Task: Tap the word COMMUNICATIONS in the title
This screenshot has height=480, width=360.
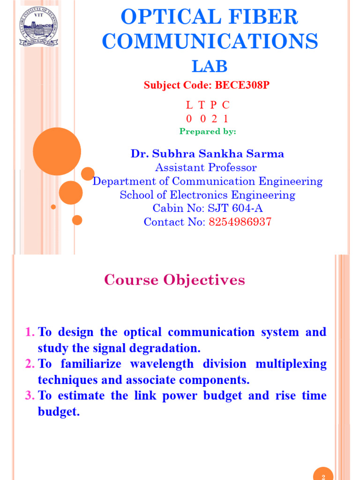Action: point(210,41)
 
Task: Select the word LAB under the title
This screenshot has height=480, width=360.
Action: point(210,66)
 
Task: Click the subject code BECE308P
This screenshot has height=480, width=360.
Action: point(242,85)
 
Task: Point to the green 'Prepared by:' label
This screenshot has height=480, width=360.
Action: point(208,131)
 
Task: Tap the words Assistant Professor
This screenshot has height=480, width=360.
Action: point(206,167)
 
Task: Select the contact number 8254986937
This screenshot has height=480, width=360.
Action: point(240,222)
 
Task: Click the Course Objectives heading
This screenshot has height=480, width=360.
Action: point(174,280)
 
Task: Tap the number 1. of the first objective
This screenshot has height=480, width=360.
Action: point(30,332)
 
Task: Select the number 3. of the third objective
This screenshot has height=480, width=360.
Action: point(30,396)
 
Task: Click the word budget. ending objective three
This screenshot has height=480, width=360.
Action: point(59,412)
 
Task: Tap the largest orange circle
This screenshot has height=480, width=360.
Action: point(57,151)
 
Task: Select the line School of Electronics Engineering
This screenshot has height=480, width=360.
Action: point(207,195)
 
